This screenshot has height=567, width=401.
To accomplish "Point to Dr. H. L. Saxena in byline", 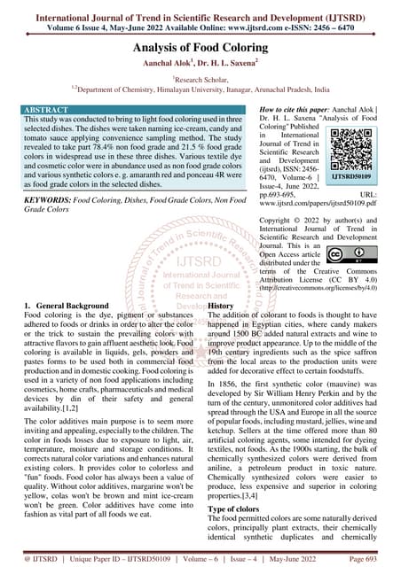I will tap(230, 65).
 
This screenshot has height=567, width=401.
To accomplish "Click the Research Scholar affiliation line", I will tap(200, 79).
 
